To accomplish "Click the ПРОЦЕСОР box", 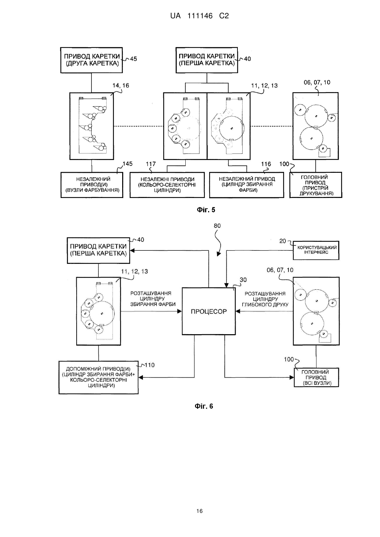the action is coord(209,311).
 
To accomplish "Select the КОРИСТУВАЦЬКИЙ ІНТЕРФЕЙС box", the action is coord(316,250).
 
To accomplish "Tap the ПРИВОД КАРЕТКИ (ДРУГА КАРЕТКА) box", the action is coord(92,60).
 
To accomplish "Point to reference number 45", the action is coord(133,59).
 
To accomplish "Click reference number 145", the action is coord(127,164).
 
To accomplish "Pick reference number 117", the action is coord(151,164).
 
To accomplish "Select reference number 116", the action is coord(266,164).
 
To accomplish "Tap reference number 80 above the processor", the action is coord(217,226).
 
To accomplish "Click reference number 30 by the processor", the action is coord(243,280).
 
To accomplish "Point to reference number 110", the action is coord(149,365).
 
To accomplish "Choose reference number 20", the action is coord(283,241).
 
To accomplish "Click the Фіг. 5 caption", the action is coord(206,210).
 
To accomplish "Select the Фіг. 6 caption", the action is coord(204,406).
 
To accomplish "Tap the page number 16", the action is coord(199,511).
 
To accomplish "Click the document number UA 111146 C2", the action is coord(199,16).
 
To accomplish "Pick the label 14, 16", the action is coord(121,85).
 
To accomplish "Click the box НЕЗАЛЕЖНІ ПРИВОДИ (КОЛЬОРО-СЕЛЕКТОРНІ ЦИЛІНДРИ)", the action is coord(167,185).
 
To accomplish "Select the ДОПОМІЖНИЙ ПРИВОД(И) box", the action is coord(99,377).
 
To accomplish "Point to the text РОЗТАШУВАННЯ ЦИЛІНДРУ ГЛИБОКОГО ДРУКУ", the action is coord(265,299).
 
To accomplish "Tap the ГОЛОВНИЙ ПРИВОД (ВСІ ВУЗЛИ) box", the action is coord(316,377).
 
